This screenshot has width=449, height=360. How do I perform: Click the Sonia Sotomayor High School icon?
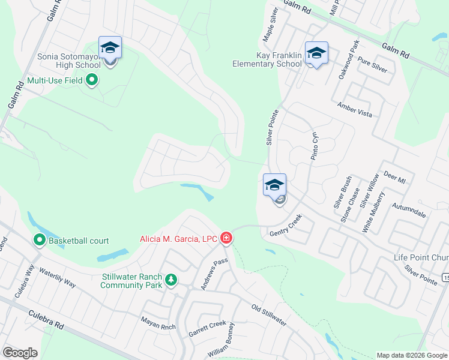[110, 47]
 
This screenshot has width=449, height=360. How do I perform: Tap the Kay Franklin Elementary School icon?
[316, 53]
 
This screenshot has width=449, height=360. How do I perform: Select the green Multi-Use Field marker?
[92, 79]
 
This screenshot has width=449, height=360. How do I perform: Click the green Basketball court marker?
[40, 241]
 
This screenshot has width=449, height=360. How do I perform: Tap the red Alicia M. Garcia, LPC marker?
[226, 239]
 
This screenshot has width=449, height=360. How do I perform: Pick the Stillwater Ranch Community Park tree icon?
[171, 280]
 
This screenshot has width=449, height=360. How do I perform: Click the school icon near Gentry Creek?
[274, 185]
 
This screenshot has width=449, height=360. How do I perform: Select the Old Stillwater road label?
[269, 315]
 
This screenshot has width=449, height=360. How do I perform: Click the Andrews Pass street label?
[214, 274]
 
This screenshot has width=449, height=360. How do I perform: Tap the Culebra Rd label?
[45, 319]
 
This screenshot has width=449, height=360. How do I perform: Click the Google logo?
[20, 353]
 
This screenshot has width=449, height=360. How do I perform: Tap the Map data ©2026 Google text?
[412, 355]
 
